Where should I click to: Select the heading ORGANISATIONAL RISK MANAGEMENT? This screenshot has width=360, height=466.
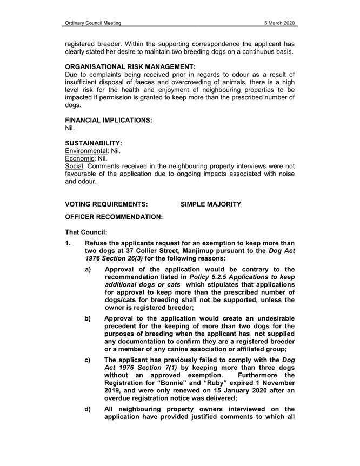126,66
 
